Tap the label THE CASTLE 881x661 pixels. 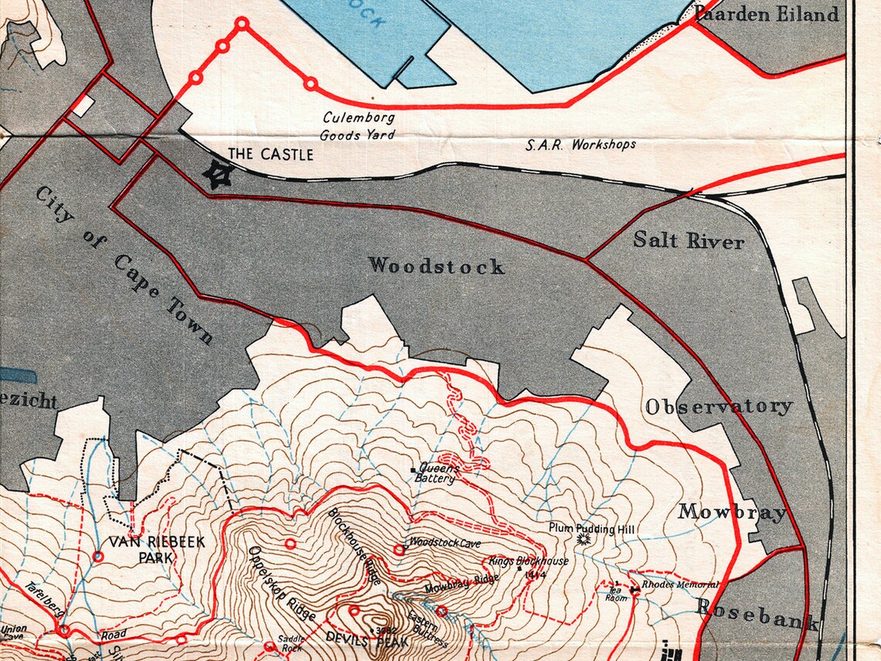point(271,155)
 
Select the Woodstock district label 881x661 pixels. point(437,266)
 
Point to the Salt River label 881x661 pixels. point(689,240)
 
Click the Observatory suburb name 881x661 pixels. point(719,407)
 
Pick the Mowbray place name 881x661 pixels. point(732,512)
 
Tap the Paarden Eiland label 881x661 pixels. point(766,14)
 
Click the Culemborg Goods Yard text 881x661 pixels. point(359,126)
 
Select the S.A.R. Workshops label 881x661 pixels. point(581,145)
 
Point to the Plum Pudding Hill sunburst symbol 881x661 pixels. point(583,538)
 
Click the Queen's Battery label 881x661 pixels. point(438,473)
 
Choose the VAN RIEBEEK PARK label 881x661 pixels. point(156,549)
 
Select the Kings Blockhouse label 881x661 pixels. point(529,561)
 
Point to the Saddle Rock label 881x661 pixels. point(291,643)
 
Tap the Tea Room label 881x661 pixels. point(616,593)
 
